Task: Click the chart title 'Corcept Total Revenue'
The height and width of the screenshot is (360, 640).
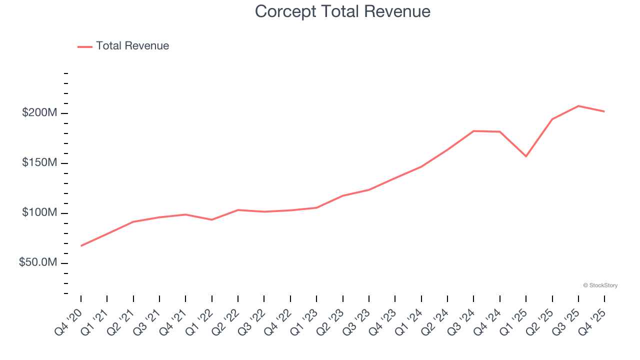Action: click(342, 11)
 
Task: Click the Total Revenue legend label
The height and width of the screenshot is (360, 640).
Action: click(132, 46)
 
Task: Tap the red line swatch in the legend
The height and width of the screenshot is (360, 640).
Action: click(85, 46)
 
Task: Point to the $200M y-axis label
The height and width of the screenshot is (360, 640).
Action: click(40, 113)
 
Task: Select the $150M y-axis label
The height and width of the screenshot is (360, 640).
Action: click(40, 163)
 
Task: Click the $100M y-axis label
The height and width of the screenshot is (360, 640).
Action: click(40, 213)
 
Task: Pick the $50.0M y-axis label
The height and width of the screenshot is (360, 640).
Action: click(38, 263)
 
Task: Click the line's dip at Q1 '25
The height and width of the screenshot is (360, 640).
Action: click(526, 156)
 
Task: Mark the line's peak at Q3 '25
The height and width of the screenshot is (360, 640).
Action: click(578, 106)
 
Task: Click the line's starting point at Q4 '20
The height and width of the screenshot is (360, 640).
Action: click(81, 245)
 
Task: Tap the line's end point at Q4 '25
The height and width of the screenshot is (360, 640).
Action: click(604, 111)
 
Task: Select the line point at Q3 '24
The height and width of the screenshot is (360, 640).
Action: click(473, 131)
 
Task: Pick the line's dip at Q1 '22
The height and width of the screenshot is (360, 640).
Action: click(212, 219)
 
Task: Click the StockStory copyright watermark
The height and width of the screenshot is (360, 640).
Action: click(600, 285)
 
